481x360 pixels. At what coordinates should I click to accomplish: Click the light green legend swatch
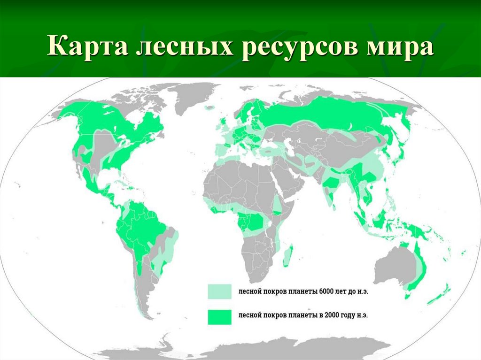tap(220, 291)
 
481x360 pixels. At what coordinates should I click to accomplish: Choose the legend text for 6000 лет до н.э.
tap(303, 291)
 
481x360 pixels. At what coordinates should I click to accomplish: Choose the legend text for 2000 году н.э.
tap(303, 316)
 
